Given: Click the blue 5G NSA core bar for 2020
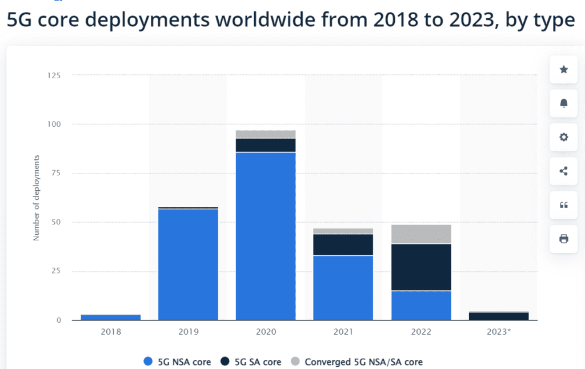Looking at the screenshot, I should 266,235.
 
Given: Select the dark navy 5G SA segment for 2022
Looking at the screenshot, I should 421,267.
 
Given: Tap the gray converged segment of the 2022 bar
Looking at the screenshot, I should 421,234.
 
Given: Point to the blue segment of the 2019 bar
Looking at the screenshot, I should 188,264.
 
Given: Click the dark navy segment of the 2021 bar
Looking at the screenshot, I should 343,244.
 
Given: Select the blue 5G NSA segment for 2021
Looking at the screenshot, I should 343,287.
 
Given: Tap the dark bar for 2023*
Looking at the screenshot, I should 499,316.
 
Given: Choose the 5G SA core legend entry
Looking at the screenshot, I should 259,362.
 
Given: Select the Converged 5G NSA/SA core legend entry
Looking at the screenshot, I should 357,362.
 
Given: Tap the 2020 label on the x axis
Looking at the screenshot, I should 266,331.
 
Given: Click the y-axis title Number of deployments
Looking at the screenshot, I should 36,197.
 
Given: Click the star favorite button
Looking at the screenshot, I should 563,70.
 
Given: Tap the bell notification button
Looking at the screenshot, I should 563,103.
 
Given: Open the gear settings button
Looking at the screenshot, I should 563,137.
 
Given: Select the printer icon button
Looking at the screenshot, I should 563,239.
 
